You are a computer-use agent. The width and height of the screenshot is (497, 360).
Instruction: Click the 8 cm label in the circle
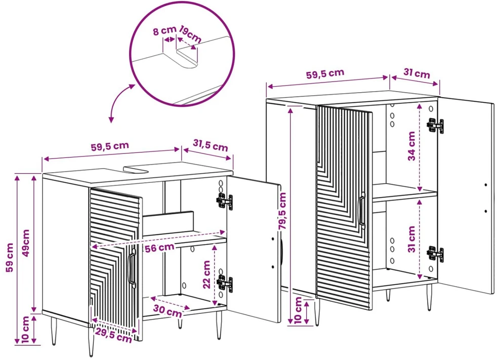164,31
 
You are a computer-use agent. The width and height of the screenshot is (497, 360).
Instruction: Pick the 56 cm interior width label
159,248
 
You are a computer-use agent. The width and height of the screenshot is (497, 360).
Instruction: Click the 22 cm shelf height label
206,274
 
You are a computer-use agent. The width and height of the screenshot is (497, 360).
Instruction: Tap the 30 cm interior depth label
168,310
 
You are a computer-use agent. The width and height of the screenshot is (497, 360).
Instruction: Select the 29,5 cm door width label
113,335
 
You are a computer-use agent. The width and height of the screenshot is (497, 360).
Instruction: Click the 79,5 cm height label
282,210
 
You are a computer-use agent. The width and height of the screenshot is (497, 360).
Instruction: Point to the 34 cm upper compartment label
411,146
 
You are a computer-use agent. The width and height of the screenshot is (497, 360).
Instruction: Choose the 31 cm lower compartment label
411,239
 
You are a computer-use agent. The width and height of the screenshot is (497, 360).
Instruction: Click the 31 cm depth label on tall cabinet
417,73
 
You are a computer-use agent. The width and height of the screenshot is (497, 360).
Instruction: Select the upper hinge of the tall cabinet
435,125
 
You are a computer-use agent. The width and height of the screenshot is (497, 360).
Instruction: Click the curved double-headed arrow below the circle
119,101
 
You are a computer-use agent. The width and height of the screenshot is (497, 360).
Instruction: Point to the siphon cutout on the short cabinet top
136,169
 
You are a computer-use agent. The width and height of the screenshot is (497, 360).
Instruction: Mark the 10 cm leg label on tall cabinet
298,310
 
